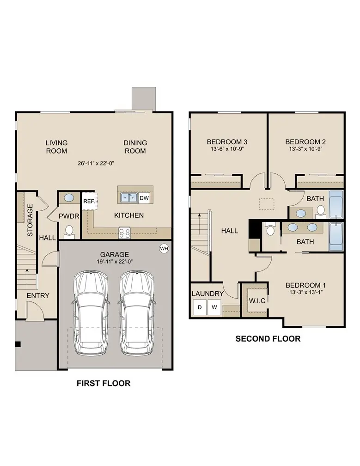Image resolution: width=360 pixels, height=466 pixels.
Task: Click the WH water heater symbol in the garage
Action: point(164,248)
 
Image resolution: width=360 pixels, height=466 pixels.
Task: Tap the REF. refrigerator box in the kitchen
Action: point(88,201)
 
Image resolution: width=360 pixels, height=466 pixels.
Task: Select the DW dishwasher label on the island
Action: point(144,198)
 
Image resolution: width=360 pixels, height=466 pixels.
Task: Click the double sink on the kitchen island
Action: point(129,198)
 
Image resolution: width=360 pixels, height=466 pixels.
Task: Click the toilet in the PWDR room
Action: point(69,230)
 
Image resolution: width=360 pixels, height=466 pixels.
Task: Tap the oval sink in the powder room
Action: point(68,198)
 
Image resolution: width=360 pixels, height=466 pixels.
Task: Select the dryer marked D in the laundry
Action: point(200,307)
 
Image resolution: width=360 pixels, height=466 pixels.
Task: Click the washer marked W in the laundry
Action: point(214,307)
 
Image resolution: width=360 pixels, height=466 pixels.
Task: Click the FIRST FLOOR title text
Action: point(103,383)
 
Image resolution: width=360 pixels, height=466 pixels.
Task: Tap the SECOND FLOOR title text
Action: point(268,339)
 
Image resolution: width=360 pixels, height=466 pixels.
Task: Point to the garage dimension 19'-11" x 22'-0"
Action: point(114,262)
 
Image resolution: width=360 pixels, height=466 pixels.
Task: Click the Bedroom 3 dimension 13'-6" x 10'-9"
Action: point(227,149)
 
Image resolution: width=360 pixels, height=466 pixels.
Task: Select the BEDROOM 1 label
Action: point(305,285)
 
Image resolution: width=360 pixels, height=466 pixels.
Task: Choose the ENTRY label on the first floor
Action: point(38,295)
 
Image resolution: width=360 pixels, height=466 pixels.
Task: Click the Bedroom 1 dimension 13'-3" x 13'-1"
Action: point(305,293)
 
